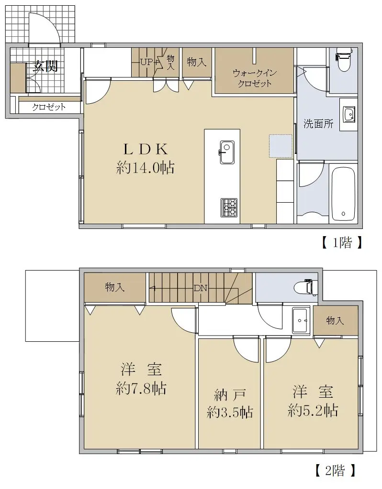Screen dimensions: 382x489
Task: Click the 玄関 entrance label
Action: click(x=45, y=66)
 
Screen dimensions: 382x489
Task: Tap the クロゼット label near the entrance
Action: click(x=49, y=107)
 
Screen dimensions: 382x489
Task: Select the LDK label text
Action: click(x=146, y=149)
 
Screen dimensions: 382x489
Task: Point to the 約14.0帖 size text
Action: click(x=145, y=168)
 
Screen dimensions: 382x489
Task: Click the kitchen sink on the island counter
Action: click(x=227, y=152)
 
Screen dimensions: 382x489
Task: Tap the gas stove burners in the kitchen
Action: click(x=229, y=208)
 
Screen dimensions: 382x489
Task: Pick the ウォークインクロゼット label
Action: click(x=255, y=78)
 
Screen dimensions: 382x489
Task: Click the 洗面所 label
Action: click(x=318, y=124)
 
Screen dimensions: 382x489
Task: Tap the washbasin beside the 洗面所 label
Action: click(x=349, y=115)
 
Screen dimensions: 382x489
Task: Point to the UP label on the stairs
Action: click(x=146, y=62)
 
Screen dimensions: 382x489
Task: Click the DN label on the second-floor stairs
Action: click(x=200, y=288)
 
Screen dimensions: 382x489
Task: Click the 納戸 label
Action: click(x=230, y=395)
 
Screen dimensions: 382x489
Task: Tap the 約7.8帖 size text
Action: click(x=141, y=389)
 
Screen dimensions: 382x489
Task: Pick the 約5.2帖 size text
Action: click(x=313, y=411)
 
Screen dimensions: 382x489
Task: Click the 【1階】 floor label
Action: click(x=342, y=242)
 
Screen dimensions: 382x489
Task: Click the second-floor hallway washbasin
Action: click(x=301, y=320)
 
